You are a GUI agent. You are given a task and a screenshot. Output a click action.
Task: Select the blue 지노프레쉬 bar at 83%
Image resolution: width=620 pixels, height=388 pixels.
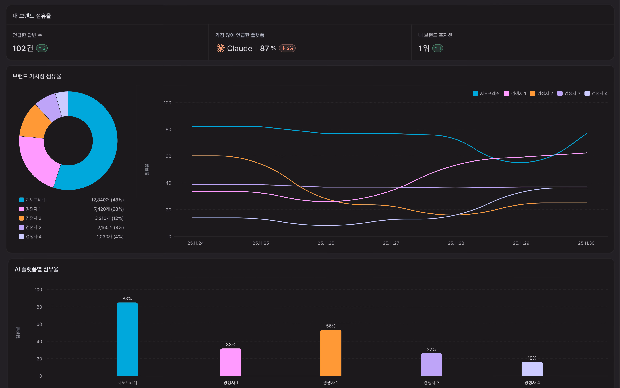(x=127, y=339)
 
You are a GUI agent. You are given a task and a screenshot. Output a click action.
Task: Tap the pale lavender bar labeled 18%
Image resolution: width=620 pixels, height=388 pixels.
(x=532, y=369)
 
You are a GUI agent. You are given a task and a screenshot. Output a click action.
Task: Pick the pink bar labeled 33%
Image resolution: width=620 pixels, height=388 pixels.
(x=230, y=362)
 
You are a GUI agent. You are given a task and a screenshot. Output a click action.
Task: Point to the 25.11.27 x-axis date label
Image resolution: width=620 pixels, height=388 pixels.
(x=391, y=243)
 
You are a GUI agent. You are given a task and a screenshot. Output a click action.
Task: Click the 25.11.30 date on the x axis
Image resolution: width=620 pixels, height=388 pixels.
(x=586, y=243)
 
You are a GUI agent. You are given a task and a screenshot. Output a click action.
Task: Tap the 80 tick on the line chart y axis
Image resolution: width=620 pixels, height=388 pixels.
(x=168, y=129)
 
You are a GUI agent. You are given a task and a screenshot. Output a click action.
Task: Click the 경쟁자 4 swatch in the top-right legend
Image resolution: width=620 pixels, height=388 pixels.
(x=587, y=93)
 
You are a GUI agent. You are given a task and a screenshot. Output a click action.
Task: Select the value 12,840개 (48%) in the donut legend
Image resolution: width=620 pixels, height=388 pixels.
(x=107, y=200)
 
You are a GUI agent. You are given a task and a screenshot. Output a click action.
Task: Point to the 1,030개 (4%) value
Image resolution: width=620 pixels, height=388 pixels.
(x=110, y=236)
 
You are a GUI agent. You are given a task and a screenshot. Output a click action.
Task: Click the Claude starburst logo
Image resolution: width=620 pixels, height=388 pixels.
(x=220, y=48)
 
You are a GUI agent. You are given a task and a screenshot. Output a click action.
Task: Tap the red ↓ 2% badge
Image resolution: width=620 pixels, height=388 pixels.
(x=287, y=48)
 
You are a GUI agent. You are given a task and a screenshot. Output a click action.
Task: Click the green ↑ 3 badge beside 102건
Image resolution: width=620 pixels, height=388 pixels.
(x=42, y=48)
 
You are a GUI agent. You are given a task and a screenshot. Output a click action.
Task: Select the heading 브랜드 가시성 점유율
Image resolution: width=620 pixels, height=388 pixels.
(x=37, y=76)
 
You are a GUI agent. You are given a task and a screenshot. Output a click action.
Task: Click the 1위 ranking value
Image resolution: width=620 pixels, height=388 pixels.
(x=423, y=48)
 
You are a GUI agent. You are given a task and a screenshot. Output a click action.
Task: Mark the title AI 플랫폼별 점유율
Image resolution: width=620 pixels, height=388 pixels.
(x=37, y=269)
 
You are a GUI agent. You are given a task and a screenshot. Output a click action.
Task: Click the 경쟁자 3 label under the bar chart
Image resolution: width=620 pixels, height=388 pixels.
(x=431, y=382)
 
